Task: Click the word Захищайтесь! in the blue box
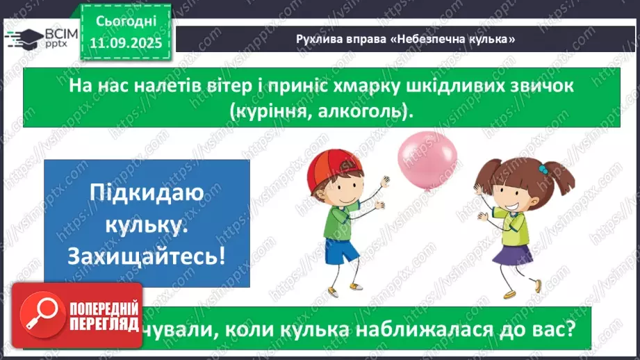click(x=147, y=256)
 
